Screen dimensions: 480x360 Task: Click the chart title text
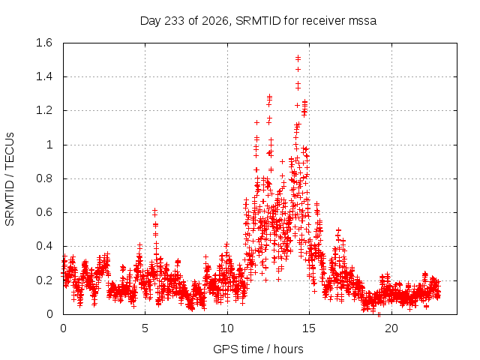tap(258, 21)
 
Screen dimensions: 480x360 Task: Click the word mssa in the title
tap(362, 22)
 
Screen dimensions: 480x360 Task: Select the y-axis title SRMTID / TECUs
tap(10, 179)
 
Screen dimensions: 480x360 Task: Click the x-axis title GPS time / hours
tap(258, 349)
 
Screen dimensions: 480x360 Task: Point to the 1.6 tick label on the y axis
tap(44, 43)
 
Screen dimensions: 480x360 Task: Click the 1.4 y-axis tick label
tap(44, 76)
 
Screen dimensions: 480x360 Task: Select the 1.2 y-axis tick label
tap(44, 110)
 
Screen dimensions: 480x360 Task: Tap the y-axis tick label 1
tap(49, 145)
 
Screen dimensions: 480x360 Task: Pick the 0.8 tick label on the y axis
tap(44, 178)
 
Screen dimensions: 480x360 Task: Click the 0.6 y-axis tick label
tap(44, 212)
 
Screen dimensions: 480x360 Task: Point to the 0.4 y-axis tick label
tap(44, 246)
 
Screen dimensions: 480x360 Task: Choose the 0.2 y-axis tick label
tap(44, 280)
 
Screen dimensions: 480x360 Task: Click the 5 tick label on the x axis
tap(145, 328)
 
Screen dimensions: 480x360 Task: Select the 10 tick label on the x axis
tap(227, 328)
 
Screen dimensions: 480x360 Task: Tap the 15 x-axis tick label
tap(309, 328)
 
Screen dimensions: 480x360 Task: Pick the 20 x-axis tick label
tap(391, 328)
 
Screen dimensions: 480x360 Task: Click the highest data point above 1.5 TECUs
tap(298, 57)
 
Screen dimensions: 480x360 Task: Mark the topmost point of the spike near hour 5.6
tap(155, 210)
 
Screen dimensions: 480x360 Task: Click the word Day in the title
tap(150, 22)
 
